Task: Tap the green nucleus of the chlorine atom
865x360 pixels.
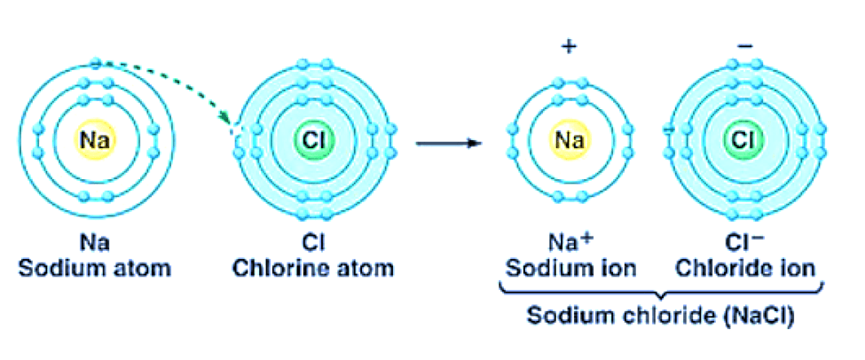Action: click(x=313, y=139)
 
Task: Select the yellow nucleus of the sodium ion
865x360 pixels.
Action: click(x=568, y=139)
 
